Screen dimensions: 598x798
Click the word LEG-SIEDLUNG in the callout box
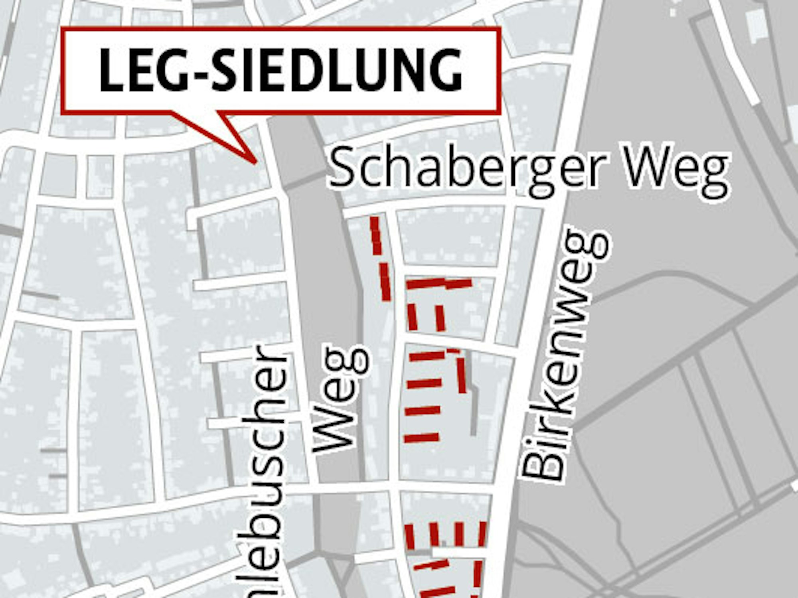(280, 71)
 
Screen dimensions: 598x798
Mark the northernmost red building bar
(376, 235)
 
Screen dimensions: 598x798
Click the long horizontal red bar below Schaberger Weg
(439, 284)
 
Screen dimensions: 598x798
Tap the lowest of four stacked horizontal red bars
(422, 438)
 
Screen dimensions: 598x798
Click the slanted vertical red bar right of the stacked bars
(461, 375)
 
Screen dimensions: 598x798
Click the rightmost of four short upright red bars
(482, 533)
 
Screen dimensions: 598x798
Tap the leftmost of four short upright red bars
(409, 537)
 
